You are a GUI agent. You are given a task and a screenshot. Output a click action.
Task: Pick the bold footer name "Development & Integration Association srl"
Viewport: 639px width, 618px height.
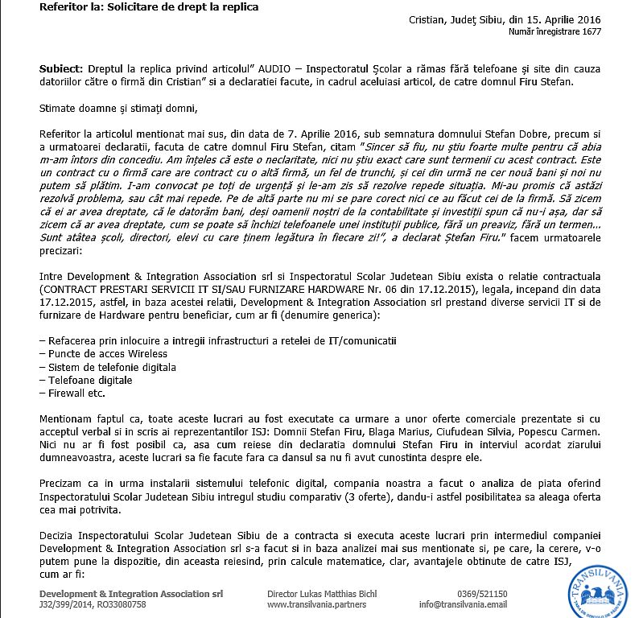coord(131,594)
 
